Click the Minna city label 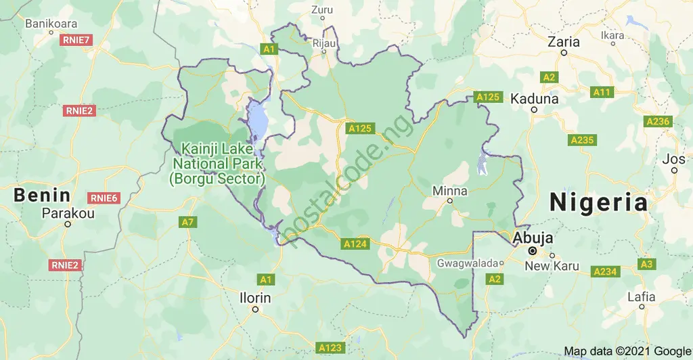pyautogui.click(x=449, y=191)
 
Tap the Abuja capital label pyautogui.click(x=533, y=238)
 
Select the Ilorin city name pyautogui.click(x=255, y=298)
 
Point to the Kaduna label pyautogui.click(x=535, y=98)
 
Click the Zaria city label pyautogui.click(x=563, y=42)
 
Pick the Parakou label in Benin pyautogui.click(x=68, y=213)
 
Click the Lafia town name pyautogui.click(x=641, y=296)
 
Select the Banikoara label pyautogui.click(x=52, y=24)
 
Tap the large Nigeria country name pyautogui.click(x=599, y=202)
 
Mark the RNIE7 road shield pyautogui.click(x=76, y=40)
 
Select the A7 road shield pyautogui.click(x=188, y=222)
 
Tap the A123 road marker pyautogui.click(x=330, y=348)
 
